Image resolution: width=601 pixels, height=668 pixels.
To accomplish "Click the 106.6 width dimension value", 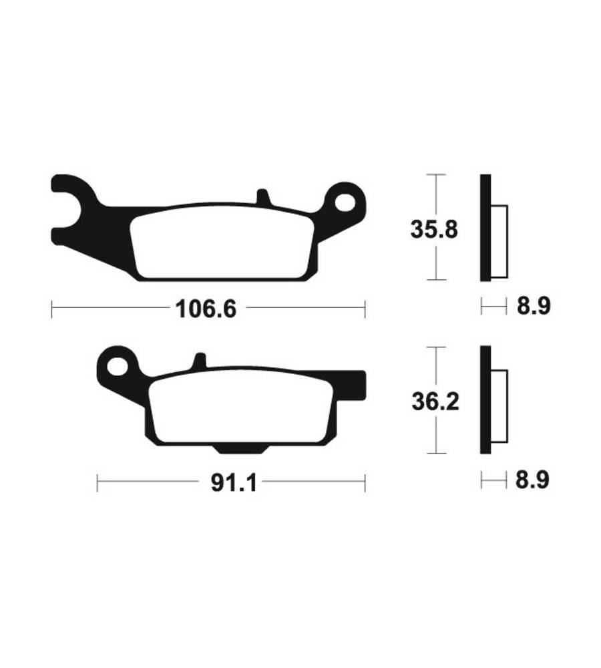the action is coord(206,309).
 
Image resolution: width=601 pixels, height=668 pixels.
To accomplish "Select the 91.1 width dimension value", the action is coord(234,483).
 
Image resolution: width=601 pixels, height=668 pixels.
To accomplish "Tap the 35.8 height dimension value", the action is coord(434,229).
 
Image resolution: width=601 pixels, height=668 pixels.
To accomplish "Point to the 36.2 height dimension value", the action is coord(435,401).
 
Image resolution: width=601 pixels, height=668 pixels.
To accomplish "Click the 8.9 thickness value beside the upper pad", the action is coord(534,305).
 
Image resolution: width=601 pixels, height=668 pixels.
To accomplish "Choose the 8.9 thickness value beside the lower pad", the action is coord(532,480).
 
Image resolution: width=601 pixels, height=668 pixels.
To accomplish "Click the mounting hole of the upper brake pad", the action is coord(345,202).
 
